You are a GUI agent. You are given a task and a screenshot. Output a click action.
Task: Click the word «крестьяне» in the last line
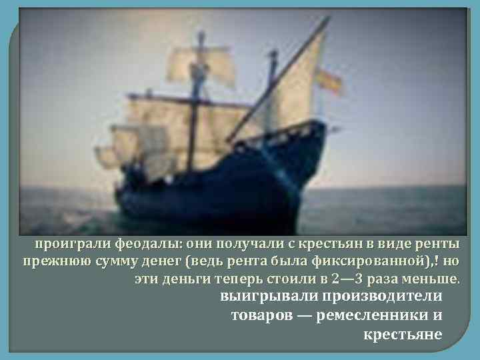click(x=403, y=333)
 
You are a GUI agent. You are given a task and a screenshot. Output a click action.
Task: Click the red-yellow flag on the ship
click(x=328, y=81)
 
